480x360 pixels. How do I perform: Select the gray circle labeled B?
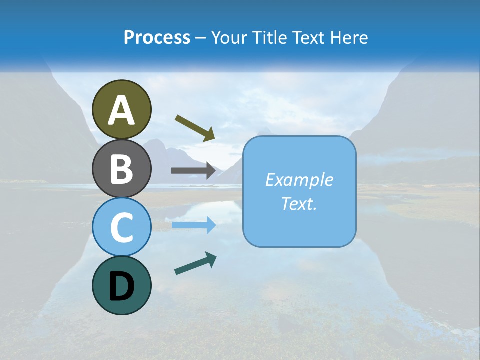[122, 168]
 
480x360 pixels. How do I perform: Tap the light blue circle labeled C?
[122, 227]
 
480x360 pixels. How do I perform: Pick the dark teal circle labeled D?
[122, 285]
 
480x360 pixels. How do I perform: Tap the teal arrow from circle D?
[195, 263]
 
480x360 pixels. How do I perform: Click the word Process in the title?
[157, 38]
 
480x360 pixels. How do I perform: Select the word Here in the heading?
[348, 38]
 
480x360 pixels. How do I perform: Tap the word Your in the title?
[228, 38]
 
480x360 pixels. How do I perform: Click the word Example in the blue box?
[299, 180]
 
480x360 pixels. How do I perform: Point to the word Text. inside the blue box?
[299, 203]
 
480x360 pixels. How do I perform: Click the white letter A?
[122, 110]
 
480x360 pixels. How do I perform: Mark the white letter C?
[122, 227]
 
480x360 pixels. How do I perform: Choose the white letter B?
[122, 169]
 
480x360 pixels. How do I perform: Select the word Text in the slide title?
[306, 38]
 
